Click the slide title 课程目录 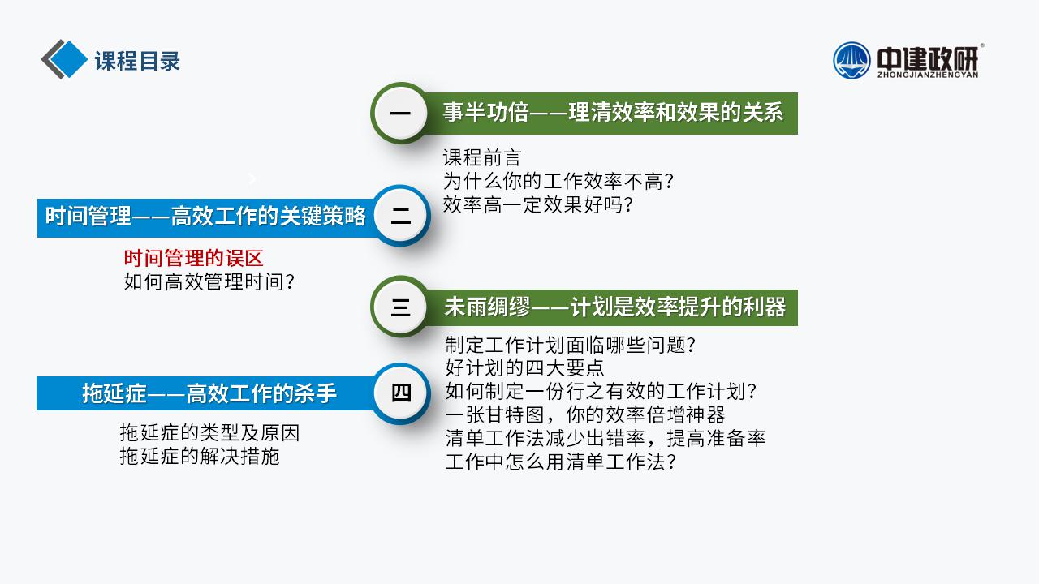pyautogui.click(x=137, y=61)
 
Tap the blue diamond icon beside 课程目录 pyautogui.click(x=67, y=59)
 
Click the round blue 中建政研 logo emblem pyautogui.click(x=851, y=61)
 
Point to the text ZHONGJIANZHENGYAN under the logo pyautogui.click(x=928, y=75)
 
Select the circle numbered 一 pyautogui.click(x=400, y=113)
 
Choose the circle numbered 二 pyautogui.click(x=401, y=216)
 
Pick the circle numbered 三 pyautogui.click(x=400, y=307)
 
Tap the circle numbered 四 pyautogui.click(x=401, y=393)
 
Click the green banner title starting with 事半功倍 pyautogui.click(x=613, y=113)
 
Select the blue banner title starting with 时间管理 pyautogui.click(x=205, y=217)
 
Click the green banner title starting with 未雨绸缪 pyautogui.click(x=615, y=307)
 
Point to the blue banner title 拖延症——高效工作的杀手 pyautogui.click(x=209, y=393)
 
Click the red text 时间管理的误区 pyautogui.click(x=193, y=258)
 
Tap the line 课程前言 pyautogui.click(x=482, y=157)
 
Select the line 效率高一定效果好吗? pyautogui.click(x=538, y=204)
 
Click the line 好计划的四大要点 pyautogui.click(x=524, y=367)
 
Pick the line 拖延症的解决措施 pyautogui.click(x=200, y=456)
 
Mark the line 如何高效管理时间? pyautogui.click(x=209, y=281)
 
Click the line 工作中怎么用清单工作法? pyautogui.click(x=561, y=462)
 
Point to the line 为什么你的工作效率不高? pyautogui.click(x=558, y=181)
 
